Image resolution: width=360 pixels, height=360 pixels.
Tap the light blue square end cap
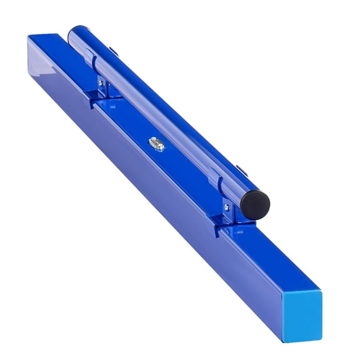pos(301,317)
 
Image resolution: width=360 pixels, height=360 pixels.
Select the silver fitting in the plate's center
pos(156,144)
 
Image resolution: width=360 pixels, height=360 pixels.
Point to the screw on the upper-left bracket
pos(101,82)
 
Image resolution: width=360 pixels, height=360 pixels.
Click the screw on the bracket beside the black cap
pos(226,207)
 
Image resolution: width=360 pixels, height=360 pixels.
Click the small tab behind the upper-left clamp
pos(112,52)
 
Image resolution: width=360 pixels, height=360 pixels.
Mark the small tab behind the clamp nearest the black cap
pos(239,169)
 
